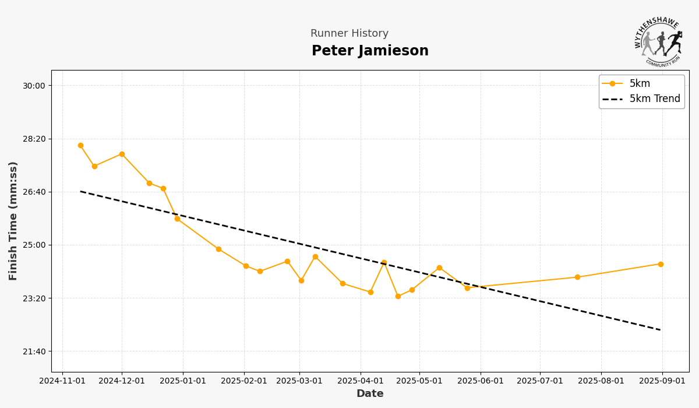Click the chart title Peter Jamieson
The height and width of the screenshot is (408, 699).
tap(370, 51)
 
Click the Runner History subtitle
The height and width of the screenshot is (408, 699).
tap(349, 34)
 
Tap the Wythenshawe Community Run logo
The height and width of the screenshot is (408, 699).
tap(659, 42)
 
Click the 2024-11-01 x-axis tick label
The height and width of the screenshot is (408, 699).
tap(62, 381)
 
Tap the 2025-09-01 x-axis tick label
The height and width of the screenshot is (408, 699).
tap(662, 381)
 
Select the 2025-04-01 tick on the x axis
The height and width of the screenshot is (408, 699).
tap(361, 381)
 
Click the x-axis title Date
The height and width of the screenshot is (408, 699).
tap(370, 394)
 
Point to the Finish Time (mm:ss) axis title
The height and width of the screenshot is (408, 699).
tap(13, 221)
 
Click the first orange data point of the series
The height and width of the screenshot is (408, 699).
tap(80, 146)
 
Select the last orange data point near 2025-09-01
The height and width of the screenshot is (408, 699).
tap(661, 264)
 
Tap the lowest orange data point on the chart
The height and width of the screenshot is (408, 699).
tap(398, 296)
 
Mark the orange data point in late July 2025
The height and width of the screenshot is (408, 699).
tap(577, 277)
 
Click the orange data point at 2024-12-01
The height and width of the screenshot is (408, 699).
tap(122, 154)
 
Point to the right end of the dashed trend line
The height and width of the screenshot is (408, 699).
tap(661, 330)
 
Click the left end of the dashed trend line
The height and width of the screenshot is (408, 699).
tap(80, 191)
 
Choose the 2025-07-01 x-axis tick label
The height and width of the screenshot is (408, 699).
tap(540, 381)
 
